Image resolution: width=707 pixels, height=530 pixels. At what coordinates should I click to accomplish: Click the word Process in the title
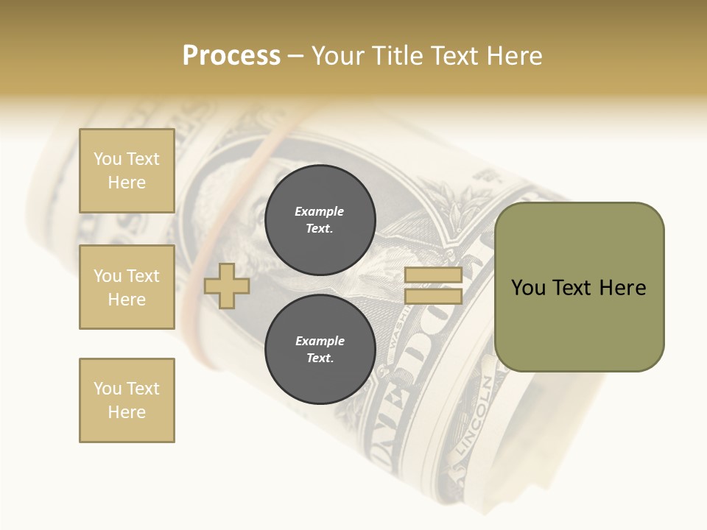tap(231, 56)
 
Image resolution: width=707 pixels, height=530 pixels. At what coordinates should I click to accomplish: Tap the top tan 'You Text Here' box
tap(127, 171)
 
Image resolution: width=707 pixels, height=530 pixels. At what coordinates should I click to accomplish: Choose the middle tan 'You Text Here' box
tap(127, 287)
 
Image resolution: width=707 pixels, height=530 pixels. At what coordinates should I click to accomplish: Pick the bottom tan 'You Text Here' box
tap(127, 400)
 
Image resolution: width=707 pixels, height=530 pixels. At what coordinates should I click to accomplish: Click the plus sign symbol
tap(227, 286)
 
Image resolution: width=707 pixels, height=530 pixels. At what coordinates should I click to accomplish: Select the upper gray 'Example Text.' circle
tap(320, 219)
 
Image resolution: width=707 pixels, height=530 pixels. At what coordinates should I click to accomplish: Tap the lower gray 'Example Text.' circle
tap(320, 349)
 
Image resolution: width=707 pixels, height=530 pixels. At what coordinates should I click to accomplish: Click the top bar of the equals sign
tap(433, 275)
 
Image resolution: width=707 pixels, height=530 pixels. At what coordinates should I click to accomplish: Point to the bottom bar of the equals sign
tap(433, 297)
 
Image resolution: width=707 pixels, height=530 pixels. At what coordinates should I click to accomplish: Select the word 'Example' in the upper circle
tap(320, 211)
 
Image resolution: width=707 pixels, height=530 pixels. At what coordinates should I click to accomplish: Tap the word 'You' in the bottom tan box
tap(107, 389)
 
